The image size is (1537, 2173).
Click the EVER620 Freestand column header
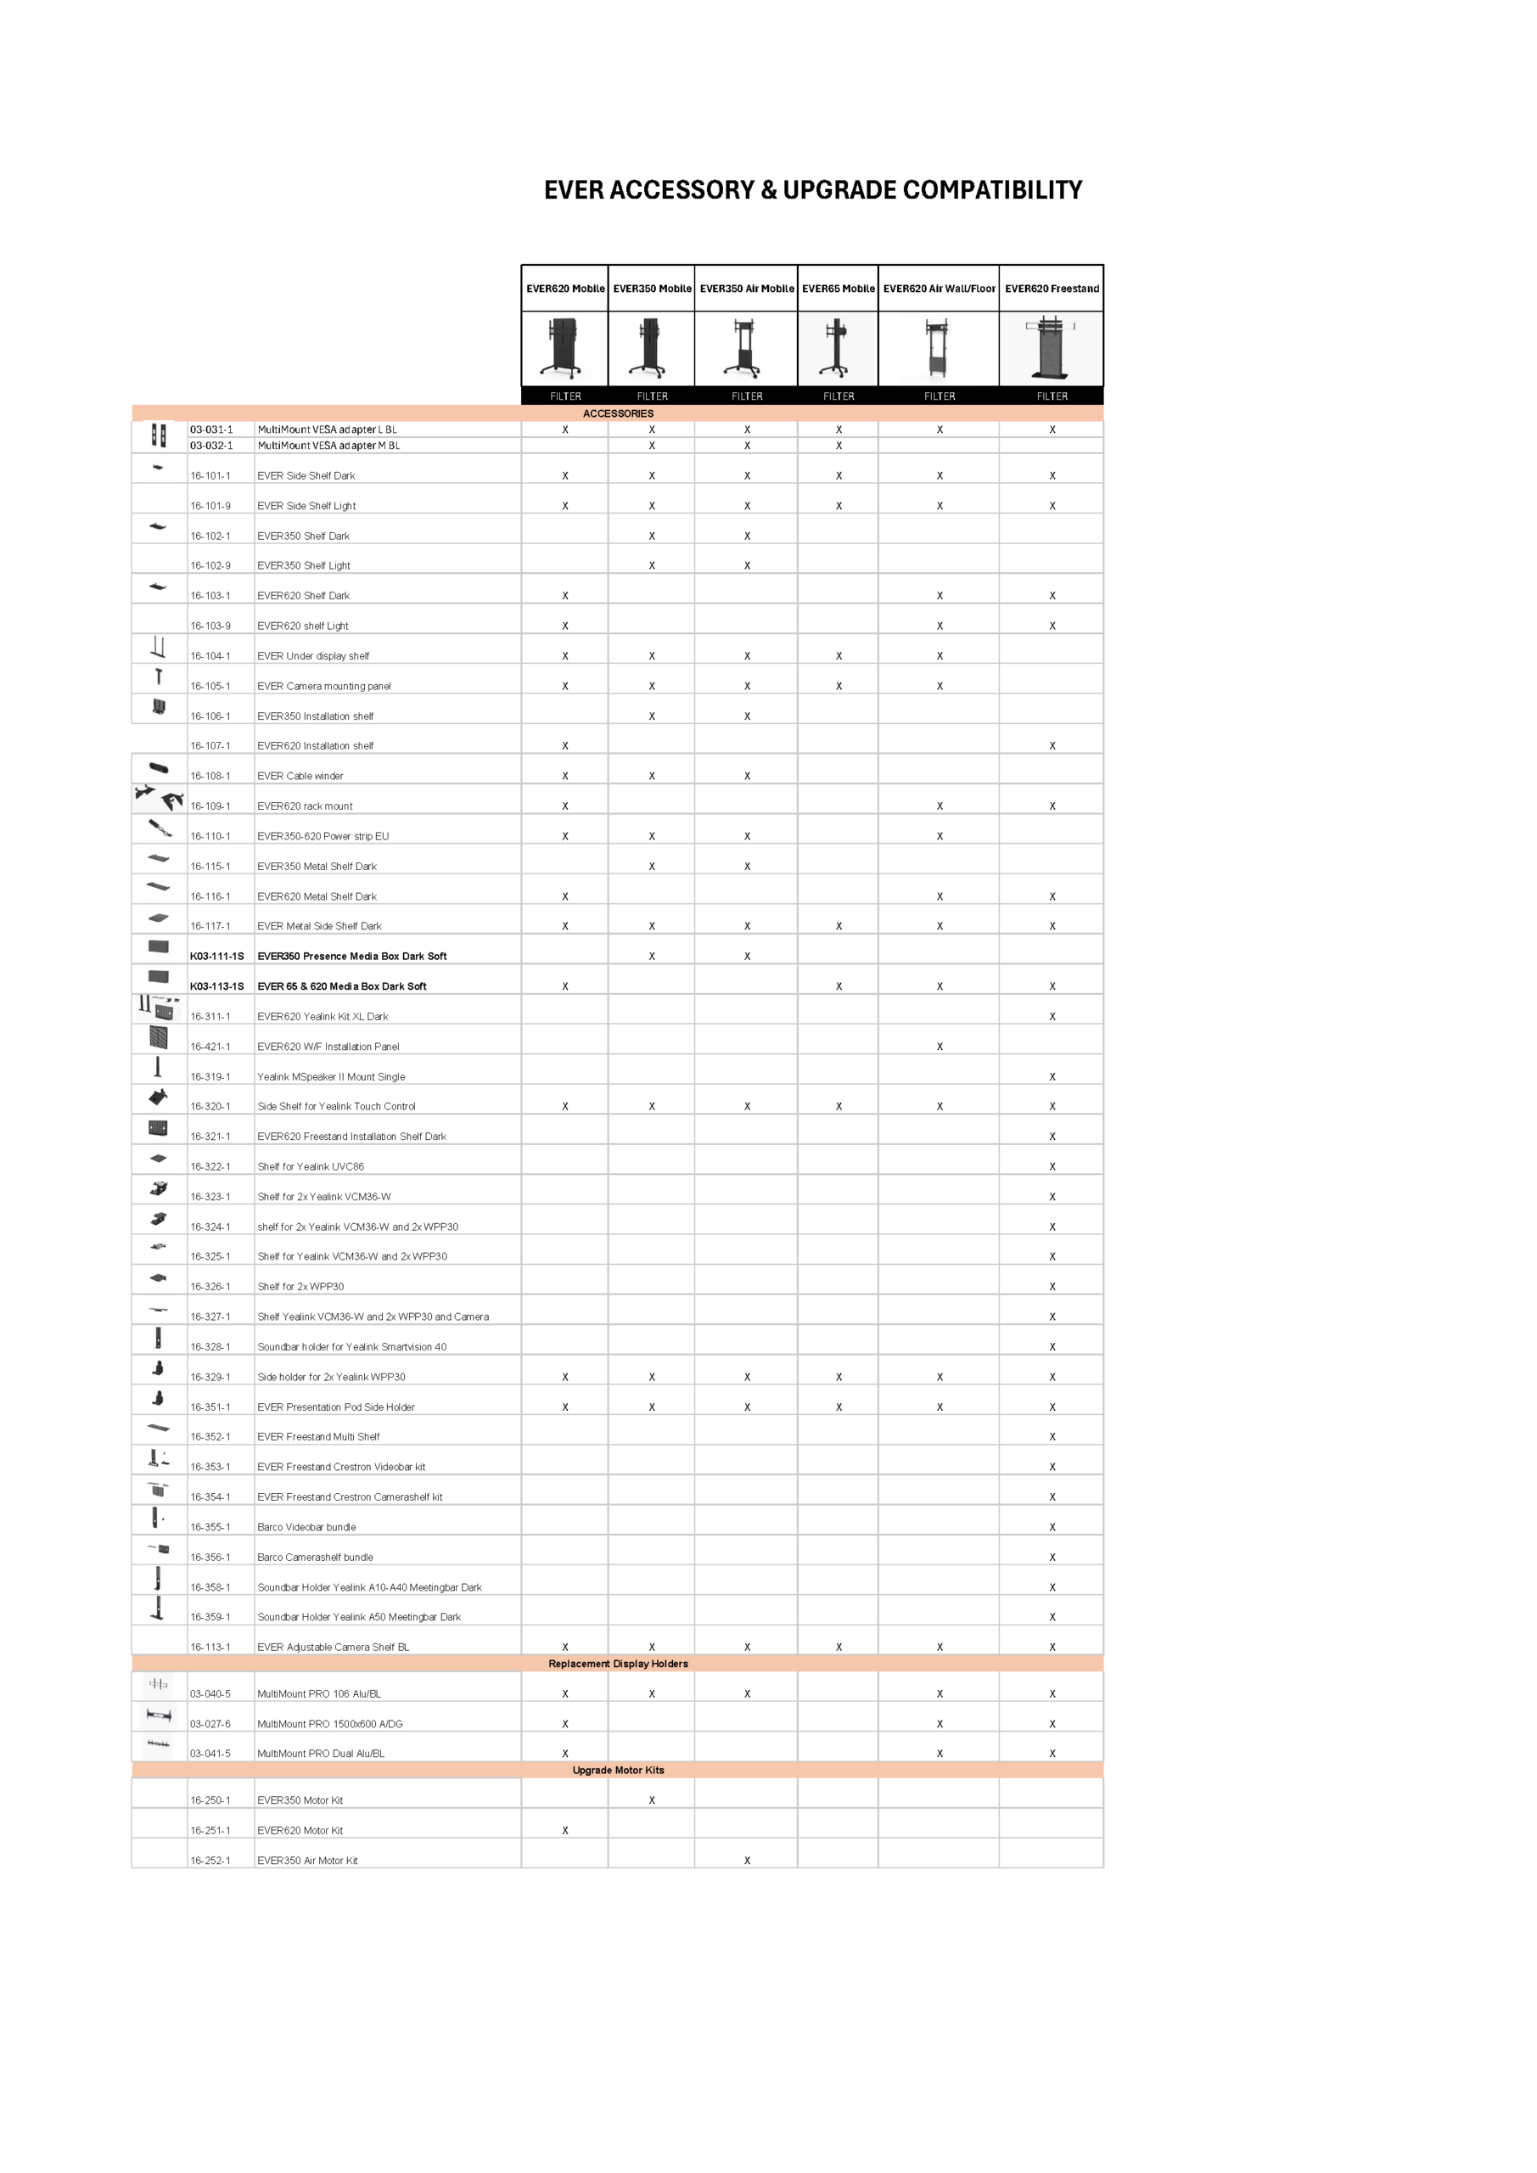tap(1052, 289)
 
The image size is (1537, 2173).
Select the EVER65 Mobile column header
tap(838, 289)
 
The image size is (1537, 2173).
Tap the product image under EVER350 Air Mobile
tap(746, 348)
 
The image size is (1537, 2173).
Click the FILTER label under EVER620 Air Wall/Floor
tap(939, 396)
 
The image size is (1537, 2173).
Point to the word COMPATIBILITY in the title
tap(992, 190)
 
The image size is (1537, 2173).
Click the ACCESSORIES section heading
tap(618, 413)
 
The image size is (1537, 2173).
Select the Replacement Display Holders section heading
tap(618, 1664)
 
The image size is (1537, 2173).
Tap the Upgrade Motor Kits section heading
tap(618, 1770)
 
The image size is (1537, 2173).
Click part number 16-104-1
tap(210, 656)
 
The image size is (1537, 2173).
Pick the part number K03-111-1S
tap(216, 956)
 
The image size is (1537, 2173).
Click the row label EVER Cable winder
tap(300, 776)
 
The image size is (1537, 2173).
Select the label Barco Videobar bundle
tap(306, 1526)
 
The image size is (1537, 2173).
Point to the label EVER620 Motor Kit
tap(300, 1830)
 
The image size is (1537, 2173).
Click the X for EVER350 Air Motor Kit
tap(747, 1861)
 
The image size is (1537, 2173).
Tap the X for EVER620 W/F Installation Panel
tap(940, 1047)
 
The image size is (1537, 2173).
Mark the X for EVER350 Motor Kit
tap(652, 1800)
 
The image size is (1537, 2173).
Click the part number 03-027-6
tap(210, 1723)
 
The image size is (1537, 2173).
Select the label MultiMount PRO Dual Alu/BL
tap(321, 1754)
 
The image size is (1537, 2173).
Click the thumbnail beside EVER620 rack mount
tap(159, 799)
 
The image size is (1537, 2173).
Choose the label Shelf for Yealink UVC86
tap(311, 1166)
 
